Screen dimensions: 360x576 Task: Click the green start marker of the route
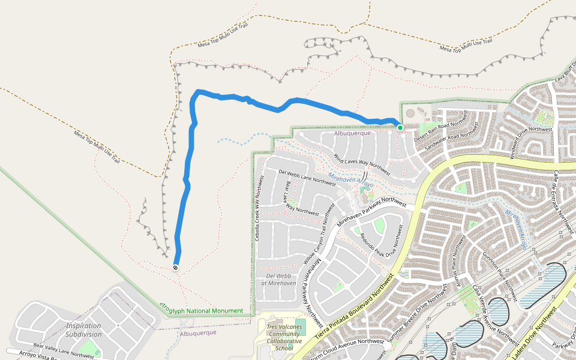400,127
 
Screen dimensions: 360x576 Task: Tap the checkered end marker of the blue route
175,268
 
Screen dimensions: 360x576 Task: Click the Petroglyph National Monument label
202,310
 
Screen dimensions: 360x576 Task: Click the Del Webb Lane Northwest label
307,178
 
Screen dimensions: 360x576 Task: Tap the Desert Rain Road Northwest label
440,130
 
